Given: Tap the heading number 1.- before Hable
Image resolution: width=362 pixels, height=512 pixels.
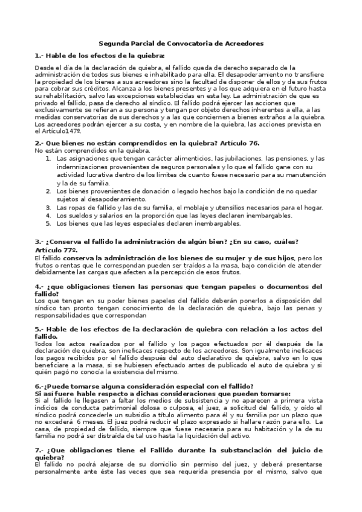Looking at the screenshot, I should (40, 56).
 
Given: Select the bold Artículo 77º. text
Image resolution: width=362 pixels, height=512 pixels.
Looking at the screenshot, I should (57, 249).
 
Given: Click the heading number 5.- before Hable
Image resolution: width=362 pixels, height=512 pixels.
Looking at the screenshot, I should (40, 329).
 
